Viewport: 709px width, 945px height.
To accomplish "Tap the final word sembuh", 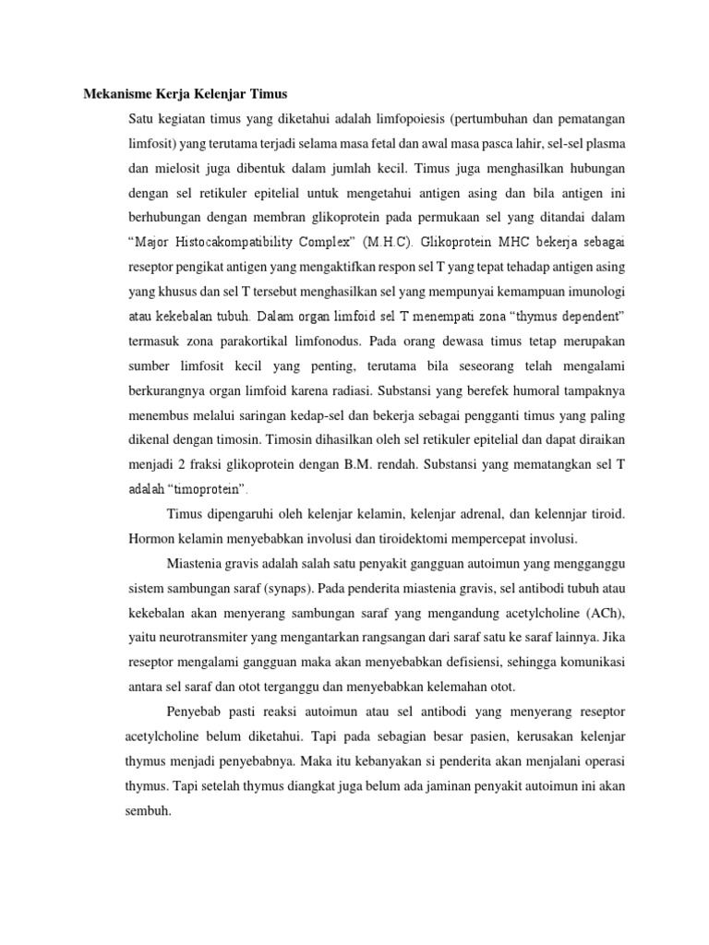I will click(143, 813).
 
